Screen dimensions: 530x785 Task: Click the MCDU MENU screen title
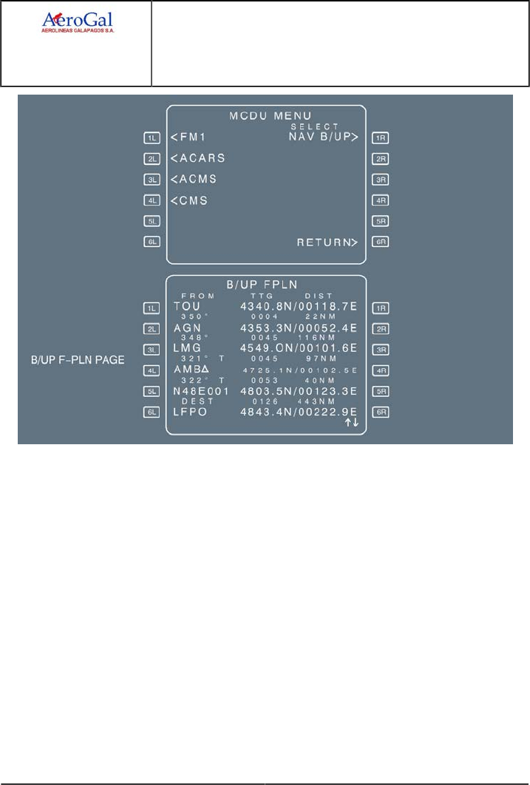[x=265, y=116]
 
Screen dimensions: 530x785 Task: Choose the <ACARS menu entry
[x=197, y=157]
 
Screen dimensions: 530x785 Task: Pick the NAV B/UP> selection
[x=327, y=137]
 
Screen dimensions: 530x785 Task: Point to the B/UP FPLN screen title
[x=265, y=284]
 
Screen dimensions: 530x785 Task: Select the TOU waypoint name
[x=187, y=306]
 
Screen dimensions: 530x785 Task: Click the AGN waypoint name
[x=187, y=327]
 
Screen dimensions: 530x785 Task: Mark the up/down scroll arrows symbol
[x=351, y=423]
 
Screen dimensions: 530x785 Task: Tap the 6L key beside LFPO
[x=152, y=412]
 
